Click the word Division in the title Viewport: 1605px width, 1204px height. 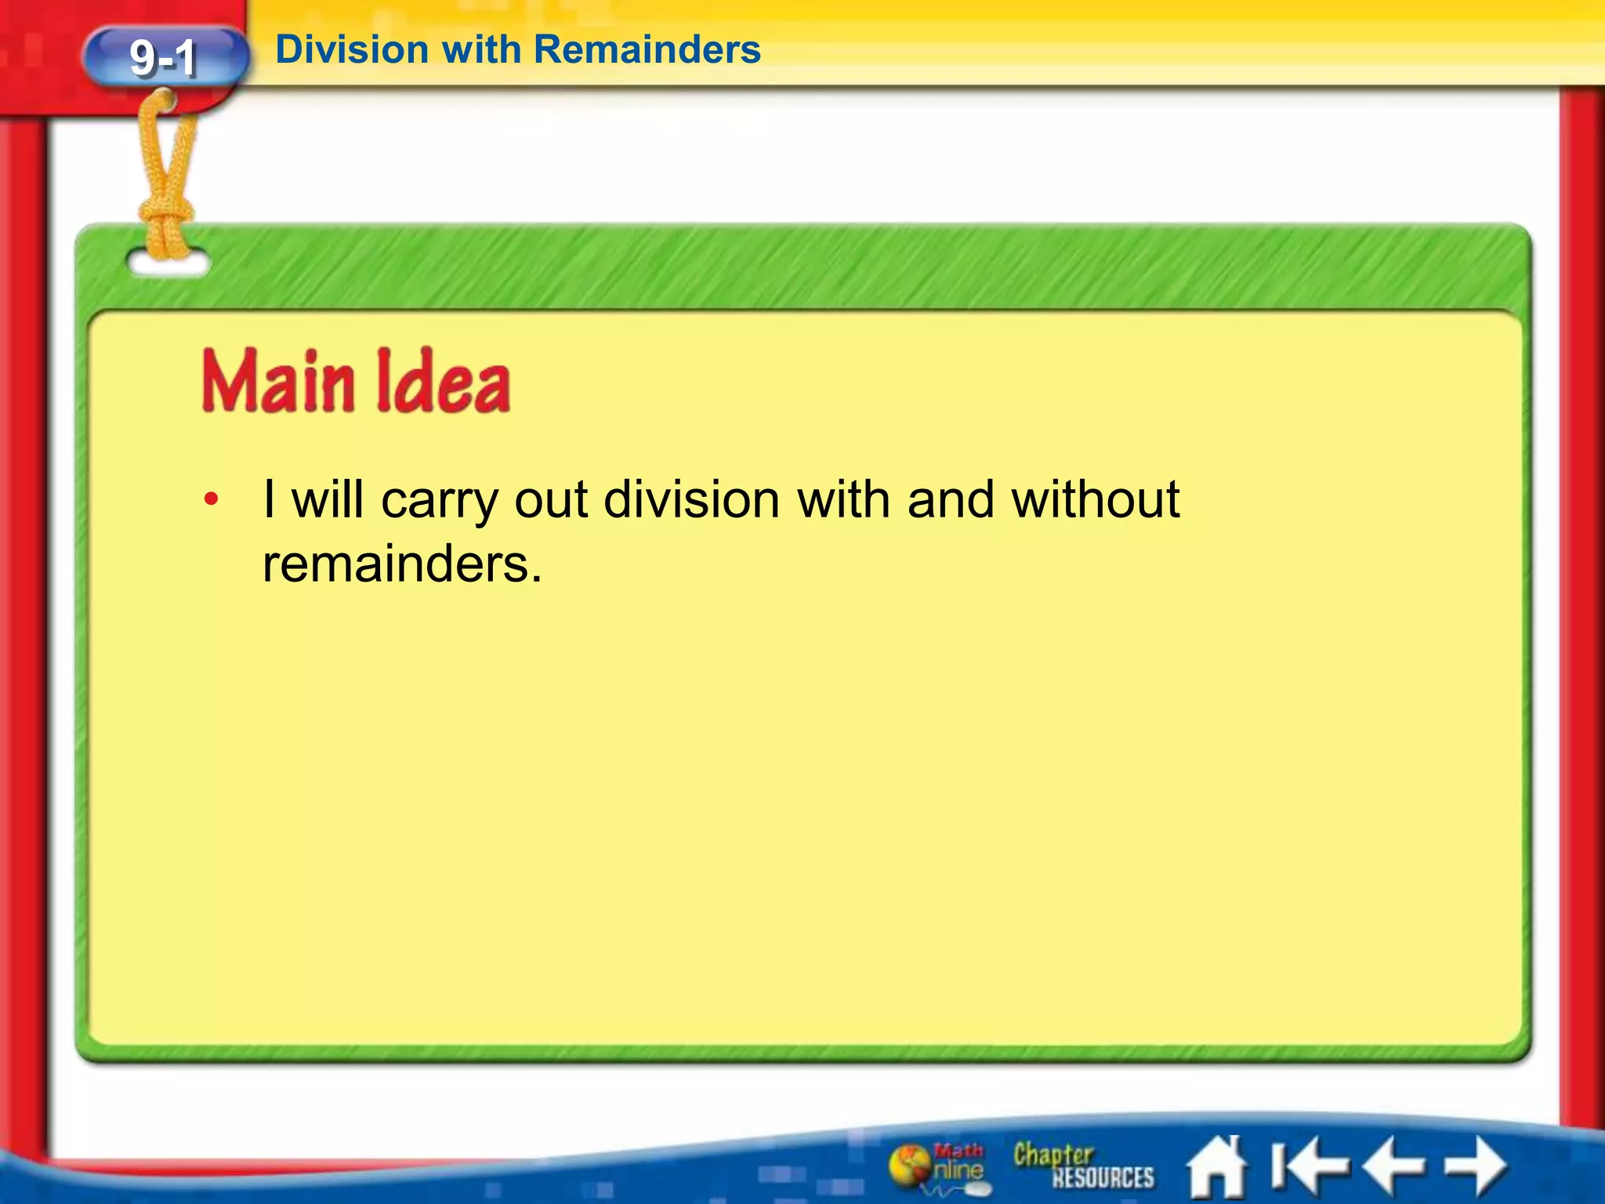[352, 50]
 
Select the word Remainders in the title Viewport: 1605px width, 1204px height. [647, 50]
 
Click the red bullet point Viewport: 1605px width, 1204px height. [210, 499]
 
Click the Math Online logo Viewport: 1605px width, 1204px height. [937, 1166]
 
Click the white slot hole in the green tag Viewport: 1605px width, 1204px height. [168, 264]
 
